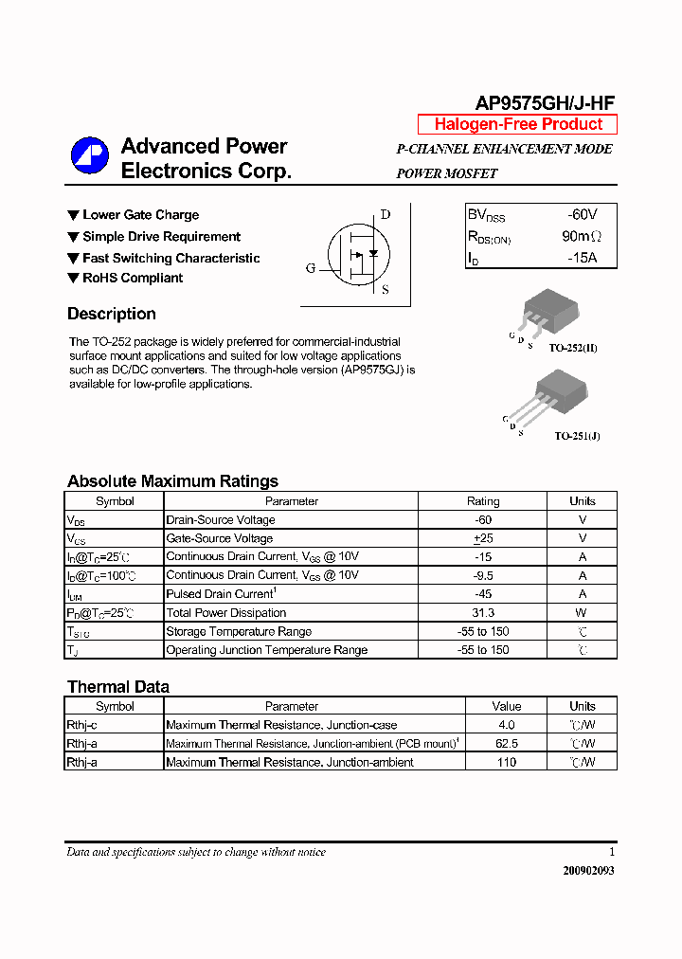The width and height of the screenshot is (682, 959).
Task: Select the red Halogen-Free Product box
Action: (x=518, y=124)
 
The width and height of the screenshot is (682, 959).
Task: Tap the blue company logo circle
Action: (x=90, y=156)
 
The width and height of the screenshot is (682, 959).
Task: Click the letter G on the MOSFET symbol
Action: (x=311, y=268)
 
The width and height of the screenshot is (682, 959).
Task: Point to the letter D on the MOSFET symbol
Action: (x=386, y=214)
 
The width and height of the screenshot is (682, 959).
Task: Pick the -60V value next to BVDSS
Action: (x=583, y=215)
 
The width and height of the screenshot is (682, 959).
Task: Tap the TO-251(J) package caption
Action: (x=577, y=436)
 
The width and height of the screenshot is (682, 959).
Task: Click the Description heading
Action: (x=112, y=314)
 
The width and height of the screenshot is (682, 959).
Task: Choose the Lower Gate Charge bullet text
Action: (x=140, y=215)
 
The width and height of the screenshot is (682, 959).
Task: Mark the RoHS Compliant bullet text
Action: (x=133, y=278)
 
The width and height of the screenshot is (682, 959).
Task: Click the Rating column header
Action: (x=483, y=501)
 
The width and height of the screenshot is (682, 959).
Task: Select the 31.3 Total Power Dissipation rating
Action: (x=483, y=613)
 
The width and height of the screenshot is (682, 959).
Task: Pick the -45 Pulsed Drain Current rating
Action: (x=483, y=594)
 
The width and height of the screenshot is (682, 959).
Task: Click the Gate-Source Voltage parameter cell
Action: (x=220, y=538)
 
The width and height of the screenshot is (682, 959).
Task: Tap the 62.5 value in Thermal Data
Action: (x=507, y=744)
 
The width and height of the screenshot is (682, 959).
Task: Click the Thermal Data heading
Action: (x=118, y=687)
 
